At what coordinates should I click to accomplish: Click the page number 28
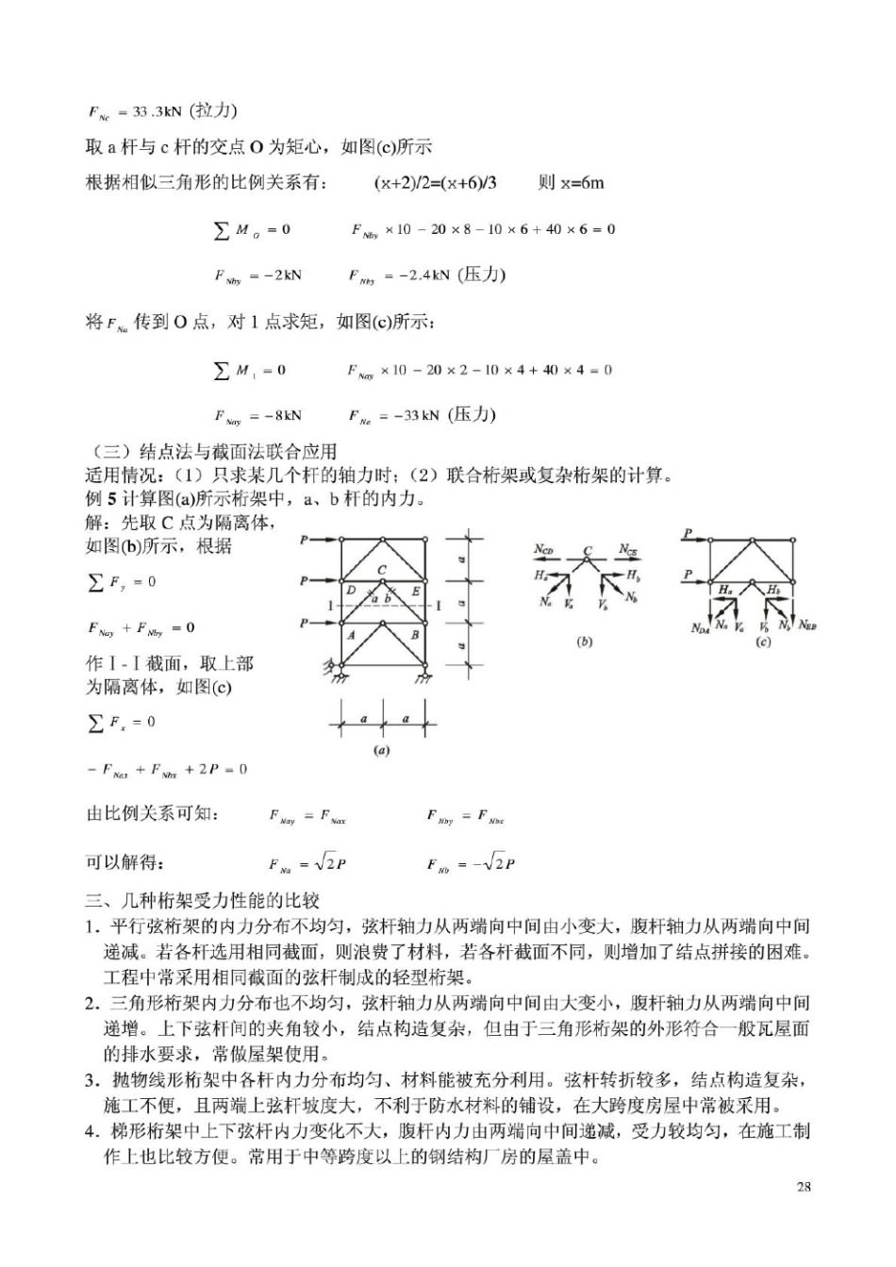tap(804, 1187)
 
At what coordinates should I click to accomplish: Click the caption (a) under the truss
tap(382, 751)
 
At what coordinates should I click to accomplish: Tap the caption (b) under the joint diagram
tap(585, 642)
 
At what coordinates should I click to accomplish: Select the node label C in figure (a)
tap(382, 569)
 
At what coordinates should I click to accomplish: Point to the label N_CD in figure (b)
tap(544, 549)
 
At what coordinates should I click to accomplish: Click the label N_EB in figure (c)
tap(807, 625)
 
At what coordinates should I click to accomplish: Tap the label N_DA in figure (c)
tap(700, 628)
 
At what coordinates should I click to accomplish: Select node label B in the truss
tap(414, 635)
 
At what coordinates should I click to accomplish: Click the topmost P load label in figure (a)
tap(304, 540)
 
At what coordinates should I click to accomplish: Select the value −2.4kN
tap(423, 275)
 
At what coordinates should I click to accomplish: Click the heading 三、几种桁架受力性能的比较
tap(203, 900)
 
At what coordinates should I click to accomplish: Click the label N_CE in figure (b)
tap(629, 549)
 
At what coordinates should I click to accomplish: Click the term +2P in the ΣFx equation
tap(202, 769)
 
